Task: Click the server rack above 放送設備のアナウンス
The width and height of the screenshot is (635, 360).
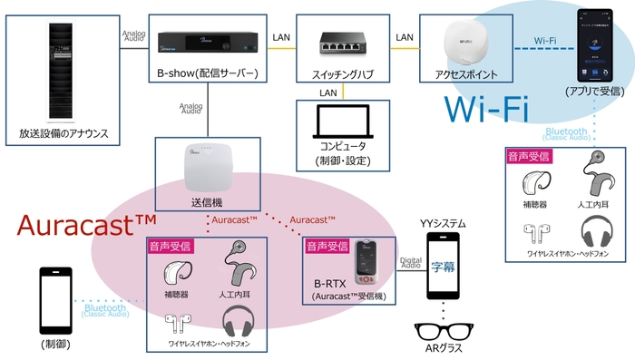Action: click(63, 68)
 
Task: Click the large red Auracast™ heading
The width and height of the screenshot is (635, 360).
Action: click(88, 222)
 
